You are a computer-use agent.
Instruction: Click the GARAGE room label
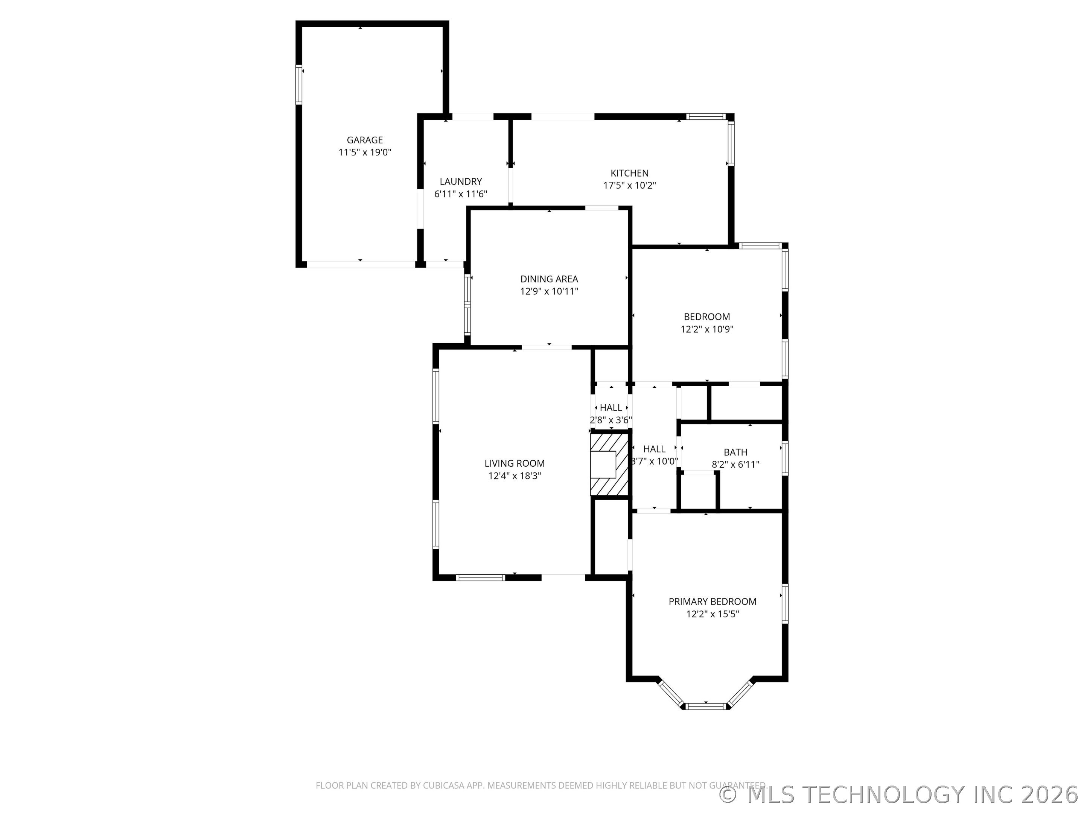click(x=365, y=140)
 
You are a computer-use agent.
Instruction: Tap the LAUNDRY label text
click(x=461, y=182)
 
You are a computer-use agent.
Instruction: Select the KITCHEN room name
click(x=629, y=174)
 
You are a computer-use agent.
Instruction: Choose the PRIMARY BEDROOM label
click(x=713, y=602)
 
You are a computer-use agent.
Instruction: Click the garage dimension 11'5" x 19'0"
click(x=365, y=152)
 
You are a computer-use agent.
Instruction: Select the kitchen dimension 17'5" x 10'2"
click(x=629, y=186)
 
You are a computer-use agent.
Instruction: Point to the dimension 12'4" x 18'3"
click(x=515, y=476)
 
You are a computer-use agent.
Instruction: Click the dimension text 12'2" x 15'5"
click(x=713, y=614)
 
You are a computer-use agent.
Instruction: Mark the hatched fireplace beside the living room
click(x=609, y=464)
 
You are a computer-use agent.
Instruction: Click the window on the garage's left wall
click(x=298, y=85)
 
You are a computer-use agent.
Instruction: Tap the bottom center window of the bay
click(x=706, y=706)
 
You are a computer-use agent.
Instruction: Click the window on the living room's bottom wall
click(x=480, y=578)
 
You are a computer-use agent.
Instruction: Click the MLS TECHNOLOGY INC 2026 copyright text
click(x=901, y=795)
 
